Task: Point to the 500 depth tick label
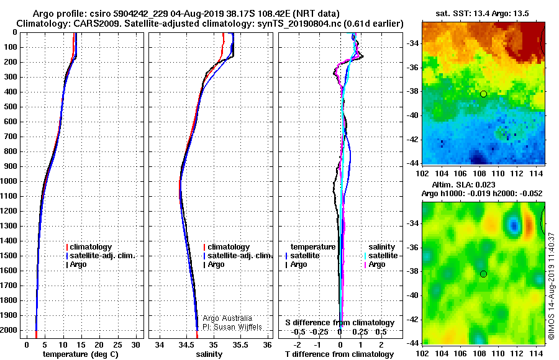[11, 107]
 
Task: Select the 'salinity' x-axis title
[208, 354]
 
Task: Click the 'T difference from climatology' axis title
[339, 354]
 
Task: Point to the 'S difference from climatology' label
[339, 323]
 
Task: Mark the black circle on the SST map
[483, 94]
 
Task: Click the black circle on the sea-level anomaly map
[483, 274]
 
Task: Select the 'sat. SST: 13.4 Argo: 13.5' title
[481, 12]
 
